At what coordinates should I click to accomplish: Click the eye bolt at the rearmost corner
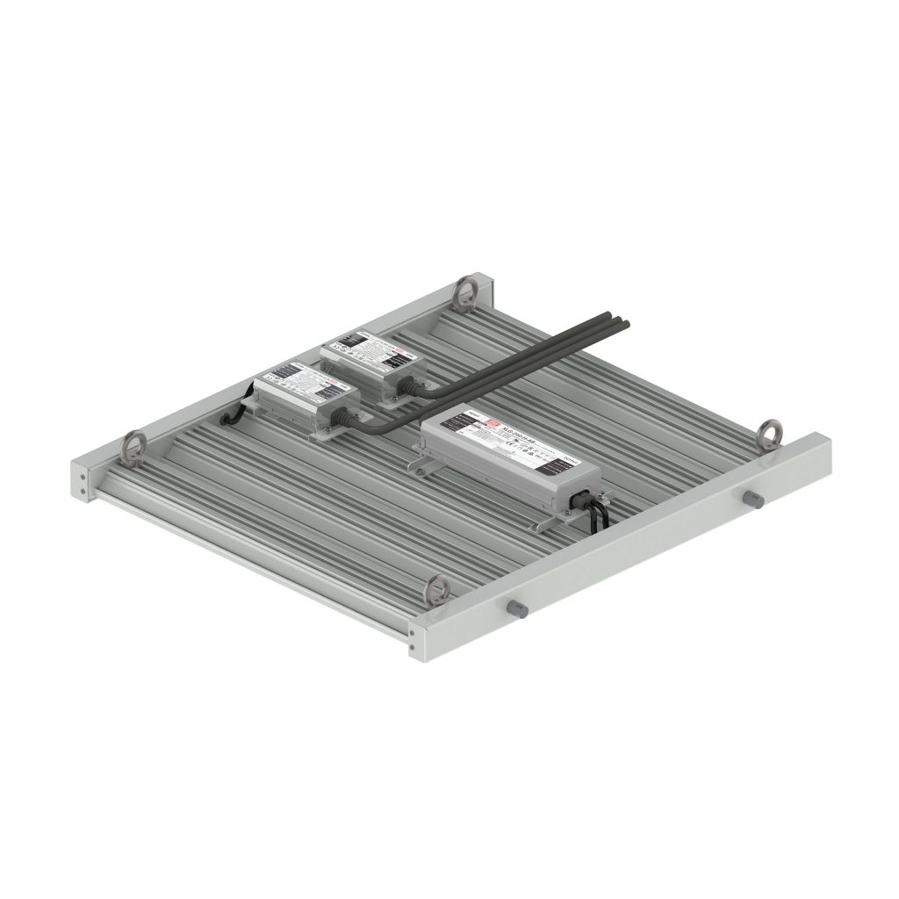tap(464, 291)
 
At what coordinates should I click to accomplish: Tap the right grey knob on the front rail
tap(752, 498)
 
